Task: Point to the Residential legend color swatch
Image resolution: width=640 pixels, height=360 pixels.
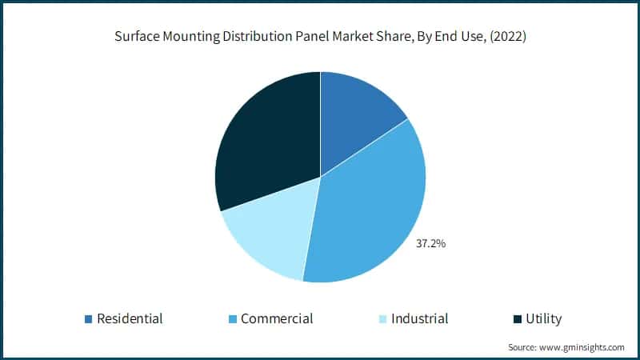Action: pos(88,319)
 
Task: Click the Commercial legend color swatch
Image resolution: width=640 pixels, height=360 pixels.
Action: pos(232,319)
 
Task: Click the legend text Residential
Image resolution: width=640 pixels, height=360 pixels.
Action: pos(130,318)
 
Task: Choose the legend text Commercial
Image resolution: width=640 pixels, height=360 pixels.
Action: pos(277,318)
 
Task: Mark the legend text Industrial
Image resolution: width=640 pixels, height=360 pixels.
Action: pos(419,318)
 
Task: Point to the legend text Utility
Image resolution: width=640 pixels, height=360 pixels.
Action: pos(543,318)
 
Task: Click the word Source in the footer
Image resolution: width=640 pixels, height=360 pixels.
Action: pos(522,347)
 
